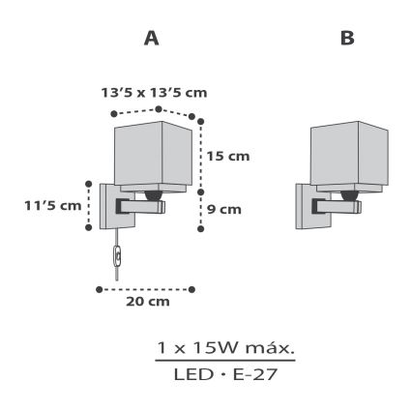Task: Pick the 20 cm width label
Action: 148,303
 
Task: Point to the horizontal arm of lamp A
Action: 140,206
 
